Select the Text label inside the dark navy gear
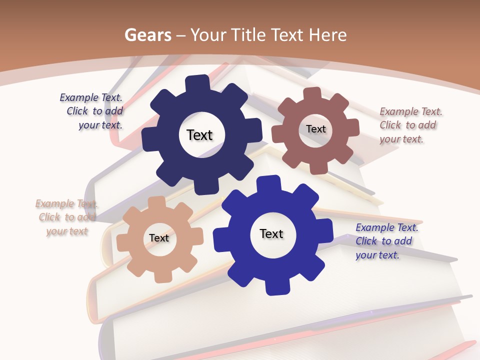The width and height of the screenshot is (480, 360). click(x=199, y=135)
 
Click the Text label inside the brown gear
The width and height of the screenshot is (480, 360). click(x=315, y=129)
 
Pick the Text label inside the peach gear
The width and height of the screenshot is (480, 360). click(x=159, y=238)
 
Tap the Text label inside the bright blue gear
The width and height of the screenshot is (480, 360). click(x=271, y=233)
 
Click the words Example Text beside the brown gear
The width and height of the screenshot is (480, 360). click(x=411, y=111)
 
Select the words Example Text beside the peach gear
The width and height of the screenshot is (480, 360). click(x=66, y=203)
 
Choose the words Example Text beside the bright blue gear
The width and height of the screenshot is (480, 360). click(x=387, y=227)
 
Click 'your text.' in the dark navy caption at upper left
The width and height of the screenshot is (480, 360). click(x=100, y=125)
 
